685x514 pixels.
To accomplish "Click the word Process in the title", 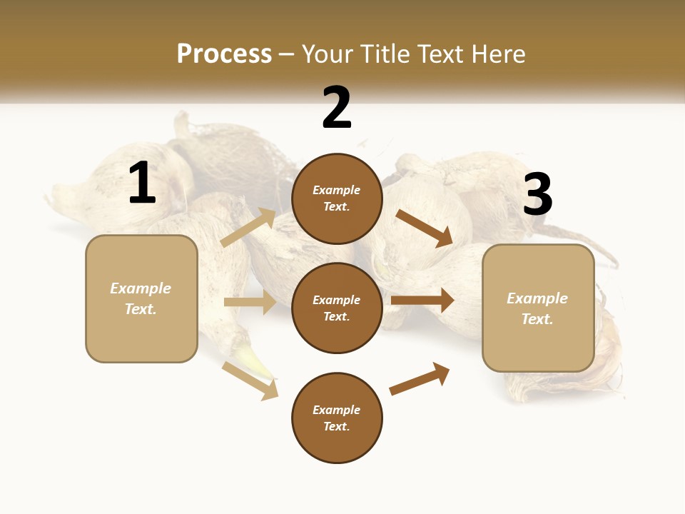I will [x=224, y=54].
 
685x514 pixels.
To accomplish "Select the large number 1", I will [x=142, y=183].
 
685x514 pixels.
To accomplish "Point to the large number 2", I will [x=337, y=108].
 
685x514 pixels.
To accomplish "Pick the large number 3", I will [x=537, y=194].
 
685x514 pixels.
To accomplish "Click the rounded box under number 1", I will [x=141, y=298].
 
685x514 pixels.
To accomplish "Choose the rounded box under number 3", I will [x=538, y=308].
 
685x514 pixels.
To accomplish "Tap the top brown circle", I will [x=337, y=198].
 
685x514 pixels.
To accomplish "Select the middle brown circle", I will [x=337, y=308].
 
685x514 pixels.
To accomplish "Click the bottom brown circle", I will [x=337, y=418].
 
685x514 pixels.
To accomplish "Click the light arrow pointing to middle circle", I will [x=250, y=302].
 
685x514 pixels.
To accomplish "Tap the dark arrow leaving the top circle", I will [x=424, y=228].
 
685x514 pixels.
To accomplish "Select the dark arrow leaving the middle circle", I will [x=422, y=301].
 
